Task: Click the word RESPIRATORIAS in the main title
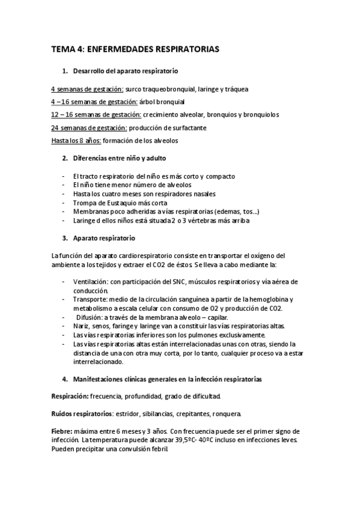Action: pyautogui.click(x=186, y=50)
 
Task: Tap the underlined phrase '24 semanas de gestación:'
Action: pyautogui.click(x=89, y=127)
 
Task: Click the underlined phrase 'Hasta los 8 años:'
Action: pyautogui.click(x=76, y=140)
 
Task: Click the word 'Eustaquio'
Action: pyautogui.click(x=120, y=203)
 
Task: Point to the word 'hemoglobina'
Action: pyautogui.click(x=268, y=300)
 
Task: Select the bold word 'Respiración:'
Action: pyautogui.click(x=70, y=396)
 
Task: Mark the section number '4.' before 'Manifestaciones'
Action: pyautogui.click(x=65, y=379)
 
